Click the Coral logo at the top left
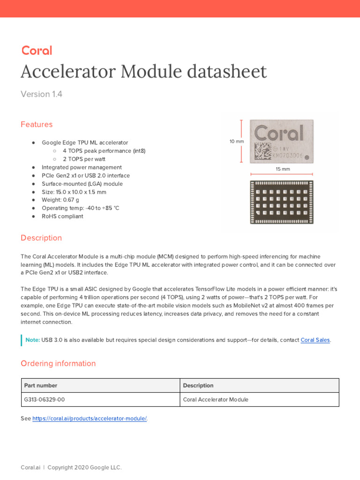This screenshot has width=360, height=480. tap(37, 51)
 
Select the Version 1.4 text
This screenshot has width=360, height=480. tap(41, 94)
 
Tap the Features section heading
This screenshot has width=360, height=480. tap(37, 124)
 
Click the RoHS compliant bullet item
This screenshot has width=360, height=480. tap(62, 217)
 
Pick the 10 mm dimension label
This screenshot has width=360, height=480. tap(236, 141)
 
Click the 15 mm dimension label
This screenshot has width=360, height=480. tap(283, 169)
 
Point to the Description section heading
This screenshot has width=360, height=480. tap(41, 238)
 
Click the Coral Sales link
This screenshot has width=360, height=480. tap(315, 340)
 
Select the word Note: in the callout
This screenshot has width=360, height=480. tap(32, 340)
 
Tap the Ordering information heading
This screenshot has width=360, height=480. tap(58, 364)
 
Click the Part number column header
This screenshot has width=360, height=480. tap(41, 385)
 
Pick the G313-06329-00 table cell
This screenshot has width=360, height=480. tap(45, 400)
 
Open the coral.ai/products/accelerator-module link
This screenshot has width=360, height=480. tap(90, 419)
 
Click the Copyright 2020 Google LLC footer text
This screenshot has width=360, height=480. tap(84, 467)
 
